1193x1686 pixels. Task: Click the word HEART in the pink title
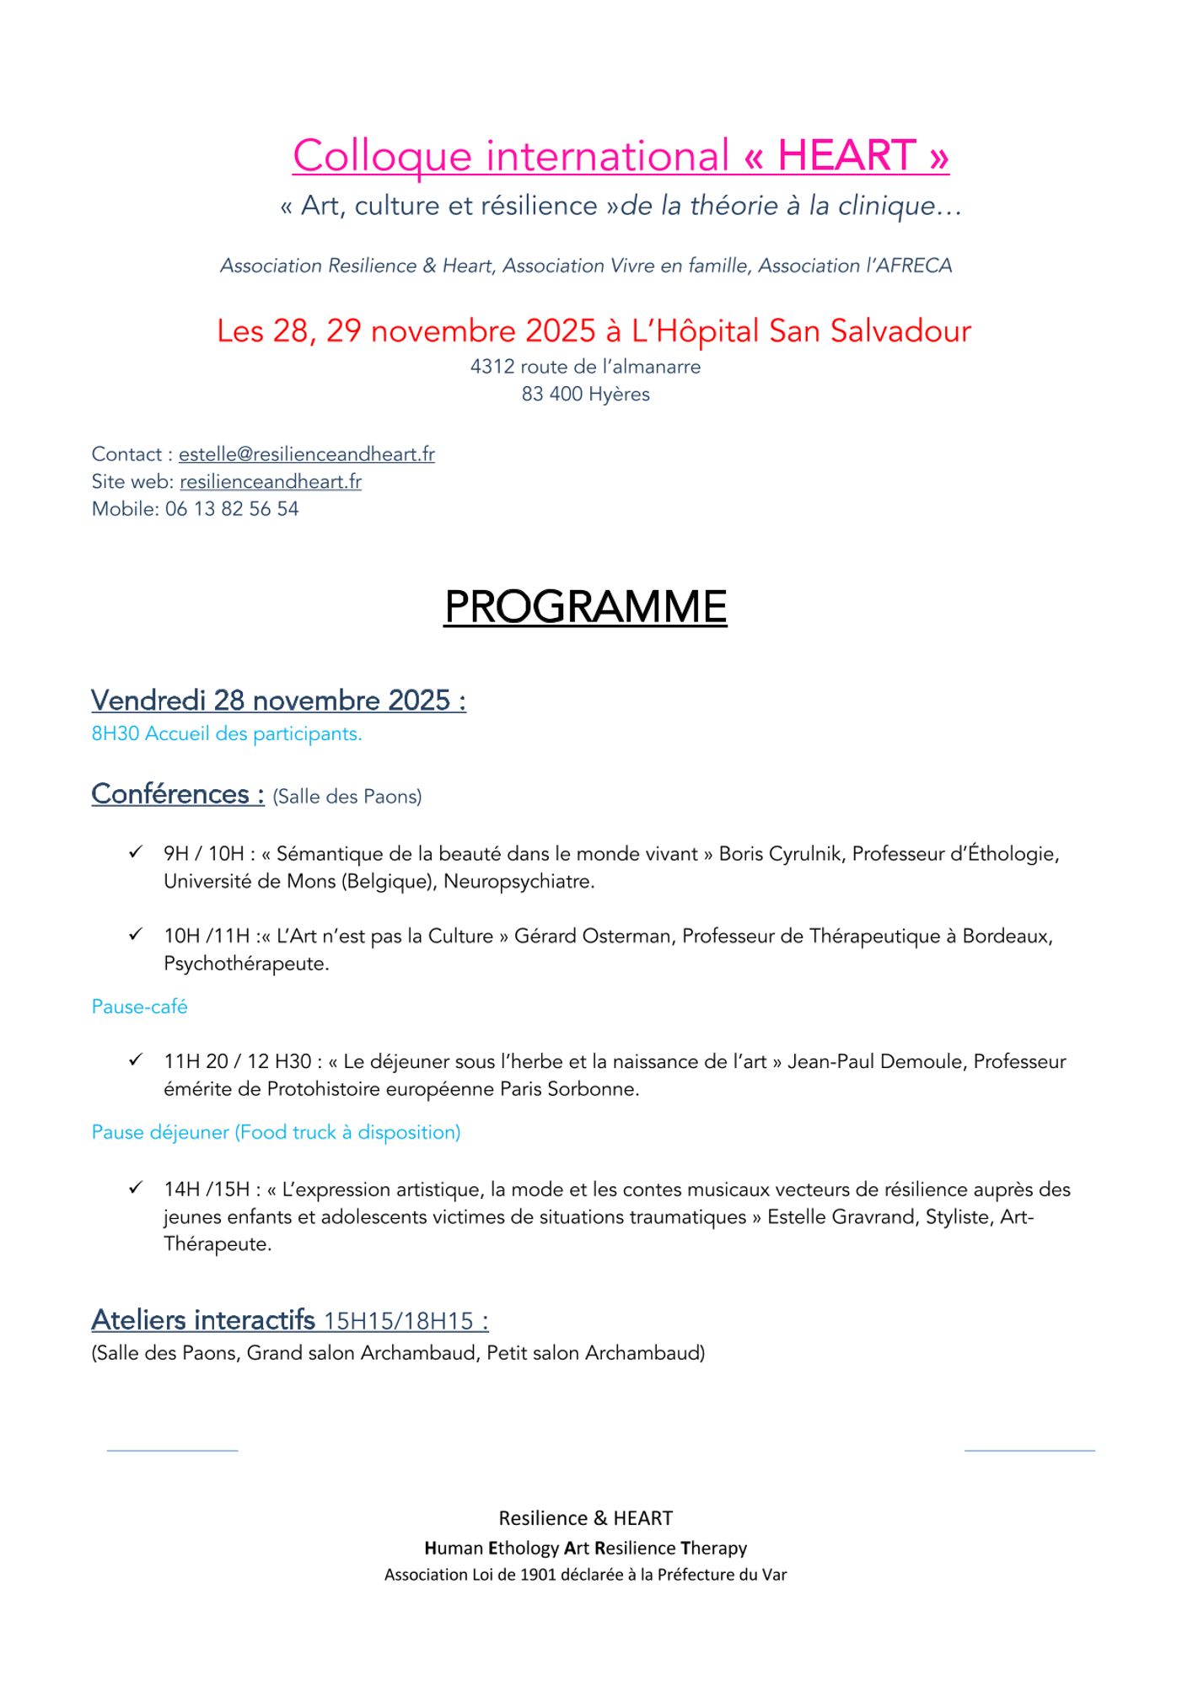pos(846,156)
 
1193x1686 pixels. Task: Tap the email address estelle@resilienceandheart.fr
pos(306,454)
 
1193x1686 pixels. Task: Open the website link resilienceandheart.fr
pos(271,481)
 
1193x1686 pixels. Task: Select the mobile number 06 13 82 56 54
pos(232,509)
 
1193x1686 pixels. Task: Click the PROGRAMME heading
pos(585,607)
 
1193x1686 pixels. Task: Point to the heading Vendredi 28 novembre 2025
pos(278,701)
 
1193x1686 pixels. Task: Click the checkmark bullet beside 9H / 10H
pos(136,852)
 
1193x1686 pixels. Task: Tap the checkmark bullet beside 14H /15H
pos(136,1188)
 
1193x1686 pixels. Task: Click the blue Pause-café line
pos(139,1007)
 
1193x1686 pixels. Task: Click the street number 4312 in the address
pos(492,367)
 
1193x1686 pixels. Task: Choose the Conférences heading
pos(177,794)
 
